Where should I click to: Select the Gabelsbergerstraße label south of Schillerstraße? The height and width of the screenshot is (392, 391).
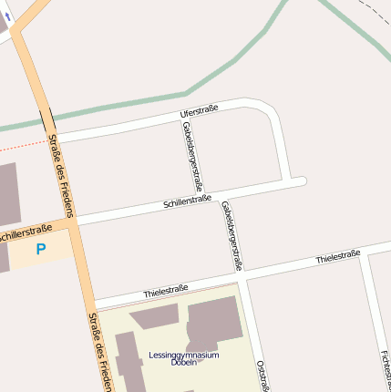click(232, 236)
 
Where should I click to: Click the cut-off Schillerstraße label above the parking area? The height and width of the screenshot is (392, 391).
click(26, 234)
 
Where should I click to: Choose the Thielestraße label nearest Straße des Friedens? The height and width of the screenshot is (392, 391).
click(166, 291)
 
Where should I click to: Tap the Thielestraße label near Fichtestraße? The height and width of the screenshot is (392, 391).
click(338, 257)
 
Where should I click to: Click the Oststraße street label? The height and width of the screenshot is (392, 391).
click(264, 376)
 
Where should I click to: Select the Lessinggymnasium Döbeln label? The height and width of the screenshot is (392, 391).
click(184, 358)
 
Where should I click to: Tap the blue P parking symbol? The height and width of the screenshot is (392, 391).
click(40, 249)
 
